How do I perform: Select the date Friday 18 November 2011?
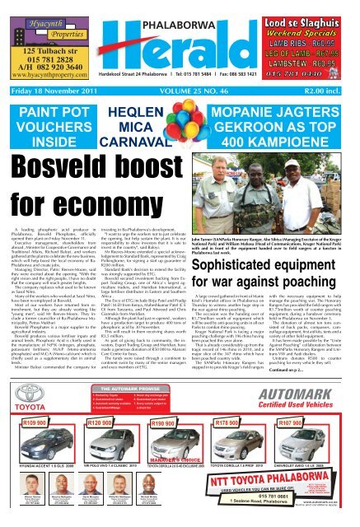(x=48, y=104)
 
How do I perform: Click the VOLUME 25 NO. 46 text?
(x=217, y=104)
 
